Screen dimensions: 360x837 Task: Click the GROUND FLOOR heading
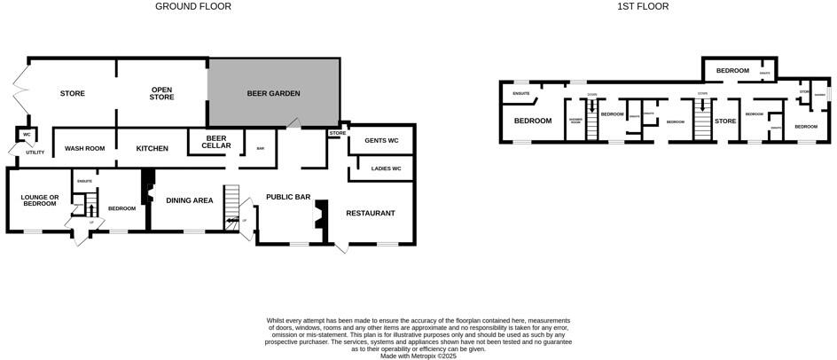point(193,6)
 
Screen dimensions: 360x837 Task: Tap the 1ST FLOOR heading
point(643,6)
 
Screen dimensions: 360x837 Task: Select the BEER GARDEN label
point(273,93)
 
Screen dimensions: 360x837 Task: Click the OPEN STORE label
point(161,93)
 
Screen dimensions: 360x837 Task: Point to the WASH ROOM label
point(85,148)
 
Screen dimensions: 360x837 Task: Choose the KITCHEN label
point(152,148)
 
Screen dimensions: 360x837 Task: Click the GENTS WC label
point(380,141)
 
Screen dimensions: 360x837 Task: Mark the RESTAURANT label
point(370,213)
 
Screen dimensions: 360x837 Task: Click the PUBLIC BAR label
point(288,197)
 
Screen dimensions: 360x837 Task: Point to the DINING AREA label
point(190,200)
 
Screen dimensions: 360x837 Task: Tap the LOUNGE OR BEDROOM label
point(40,200)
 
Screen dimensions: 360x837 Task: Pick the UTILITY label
point(35,153)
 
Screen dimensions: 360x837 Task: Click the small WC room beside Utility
point(27,135)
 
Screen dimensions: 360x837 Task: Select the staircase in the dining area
point(232,206)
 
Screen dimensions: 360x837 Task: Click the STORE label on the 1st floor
point(725,121)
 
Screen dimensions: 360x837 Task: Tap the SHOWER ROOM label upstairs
point(575,121)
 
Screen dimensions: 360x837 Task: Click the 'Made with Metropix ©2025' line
point(418,356)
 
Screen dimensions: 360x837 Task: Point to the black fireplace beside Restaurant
point(323,216)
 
